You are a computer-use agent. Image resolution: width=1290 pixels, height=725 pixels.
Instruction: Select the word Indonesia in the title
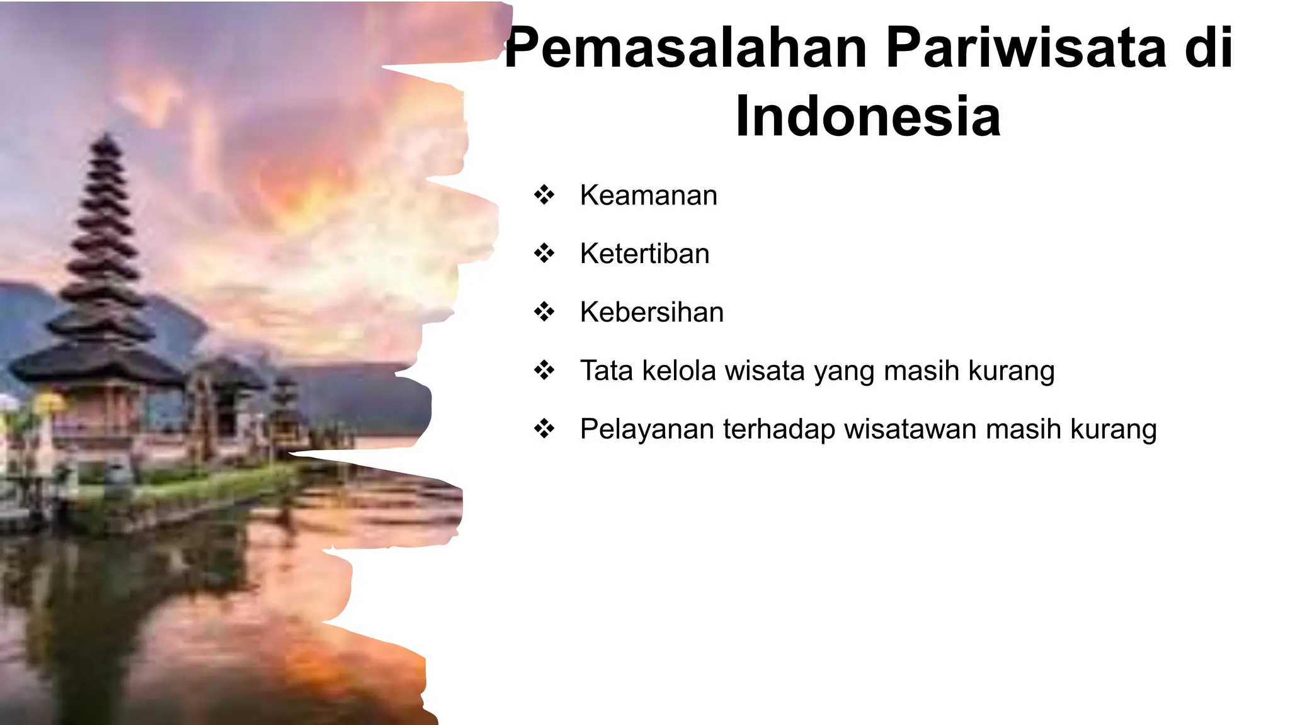pyautogui.click(x=867, y=116)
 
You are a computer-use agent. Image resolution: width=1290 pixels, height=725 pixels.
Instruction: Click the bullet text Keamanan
pyautogui.click(x=648, y=195)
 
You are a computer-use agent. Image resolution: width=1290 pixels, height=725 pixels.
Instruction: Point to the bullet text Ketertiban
pyautogui.click(x=644, y=254)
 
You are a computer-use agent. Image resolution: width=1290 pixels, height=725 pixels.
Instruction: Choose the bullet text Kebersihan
pyautogui.click(x=651, y=312)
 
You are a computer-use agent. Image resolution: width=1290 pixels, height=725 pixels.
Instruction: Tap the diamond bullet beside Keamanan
pyautogui.click(x=544, y=195)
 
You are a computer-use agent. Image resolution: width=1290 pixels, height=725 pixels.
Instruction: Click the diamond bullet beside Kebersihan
pyautogui.click(x=544, y=312)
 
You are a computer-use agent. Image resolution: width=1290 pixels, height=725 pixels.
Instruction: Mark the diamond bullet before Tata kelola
pyautogui.click(x=544, y=370)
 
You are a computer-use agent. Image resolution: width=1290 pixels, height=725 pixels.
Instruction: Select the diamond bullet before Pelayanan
pyautogui.click(x=544, y=429)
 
